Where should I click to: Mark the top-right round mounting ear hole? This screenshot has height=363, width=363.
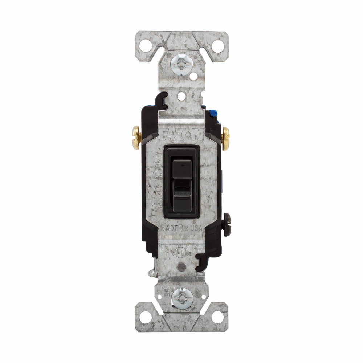point(217,45)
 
